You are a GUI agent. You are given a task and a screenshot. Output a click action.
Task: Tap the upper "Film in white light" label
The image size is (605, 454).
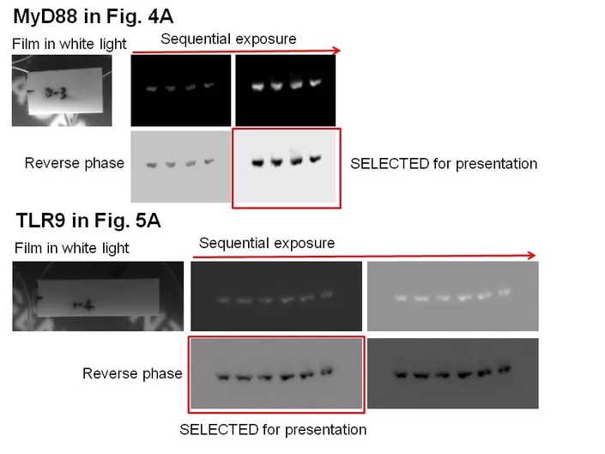70,44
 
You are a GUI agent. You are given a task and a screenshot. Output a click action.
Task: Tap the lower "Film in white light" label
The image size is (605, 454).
72,248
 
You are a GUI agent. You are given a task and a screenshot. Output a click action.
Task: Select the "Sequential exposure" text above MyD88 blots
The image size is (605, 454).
228,39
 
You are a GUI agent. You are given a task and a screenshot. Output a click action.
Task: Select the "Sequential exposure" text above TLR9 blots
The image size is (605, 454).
267,243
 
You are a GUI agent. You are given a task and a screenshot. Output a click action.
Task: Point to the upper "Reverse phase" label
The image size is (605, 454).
75,163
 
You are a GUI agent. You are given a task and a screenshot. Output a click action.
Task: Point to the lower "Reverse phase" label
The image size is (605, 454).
132,373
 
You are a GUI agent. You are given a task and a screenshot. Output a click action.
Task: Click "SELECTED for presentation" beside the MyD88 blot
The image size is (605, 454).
444,163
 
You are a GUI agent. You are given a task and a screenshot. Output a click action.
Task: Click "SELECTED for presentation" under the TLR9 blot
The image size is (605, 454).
273,429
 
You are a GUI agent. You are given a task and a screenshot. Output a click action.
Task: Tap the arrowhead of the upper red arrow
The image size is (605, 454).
337,51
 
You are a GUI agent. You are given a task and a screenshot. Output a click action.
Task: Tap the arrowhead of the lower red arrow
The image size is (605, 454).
533,255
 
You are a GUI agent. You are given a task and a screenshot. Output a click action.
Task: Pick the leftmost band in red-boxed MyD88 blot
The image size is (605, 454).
257,161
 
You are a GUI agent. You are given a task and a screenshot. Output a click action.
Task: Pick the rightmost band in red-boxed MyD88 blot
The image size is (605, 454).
315,158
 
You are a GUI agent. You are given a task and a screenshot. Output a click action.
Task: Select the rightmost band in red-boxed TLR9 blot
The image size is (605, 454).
326,372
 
